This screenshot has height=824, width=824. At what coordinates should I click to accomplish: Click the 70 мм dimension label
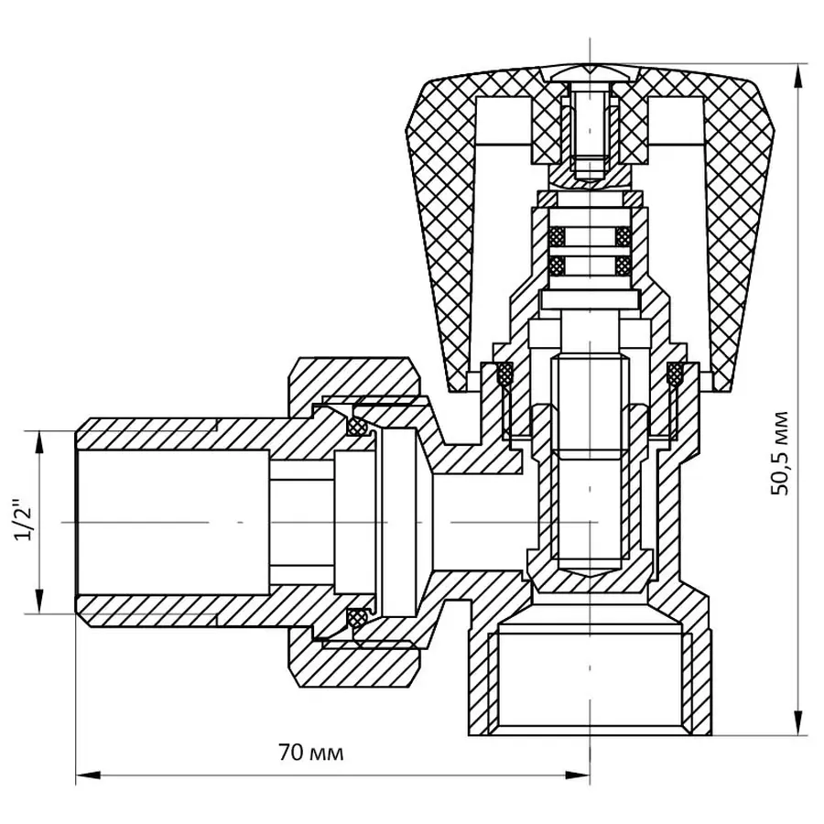pyautogui.click(x=311, y=754)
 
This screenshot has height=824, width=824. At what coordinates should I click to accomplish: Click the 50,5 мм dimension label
pyautogui.click(x=779, y=453)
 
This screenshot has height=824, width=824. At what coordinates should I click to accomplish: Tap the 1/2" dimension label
pyautogui.click(x=24, y=521)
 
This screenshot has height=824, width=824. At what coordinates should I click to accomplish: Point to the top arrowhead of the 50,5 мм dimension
pyautogui.click(x=799, y=74)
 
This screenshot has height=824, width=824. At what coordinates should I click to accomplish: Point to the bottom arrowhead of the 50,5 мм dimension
pyautogui.click(x=799, y=725)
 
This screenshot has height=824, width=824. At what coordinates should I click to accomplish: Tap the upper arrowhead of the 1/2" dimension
pyautogui.click(x=39, y=441)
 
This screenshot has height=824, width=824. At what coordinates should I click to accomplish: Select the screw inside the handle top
pyautogui.click(x=587, y=128)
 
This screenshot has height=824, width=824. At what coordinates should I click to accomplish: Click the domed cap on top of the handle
pyautogui.click(x=588, y=72)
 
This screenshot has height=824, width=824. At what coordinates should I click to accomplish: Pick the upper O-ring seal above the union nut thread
pyautogui.click(x=358, y=427)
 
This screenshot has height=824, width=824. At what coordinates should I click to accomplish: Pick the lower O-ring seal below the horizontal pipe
pyautogui.click(x=358, y=618)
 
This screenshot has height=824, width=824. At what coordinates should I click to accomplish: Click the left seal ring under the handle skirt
pyautogui.click(x=503, y=374)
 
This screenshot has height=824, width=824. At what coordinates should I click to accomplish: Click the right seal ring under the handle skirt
pyautogui.click(x=676, y=374)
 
